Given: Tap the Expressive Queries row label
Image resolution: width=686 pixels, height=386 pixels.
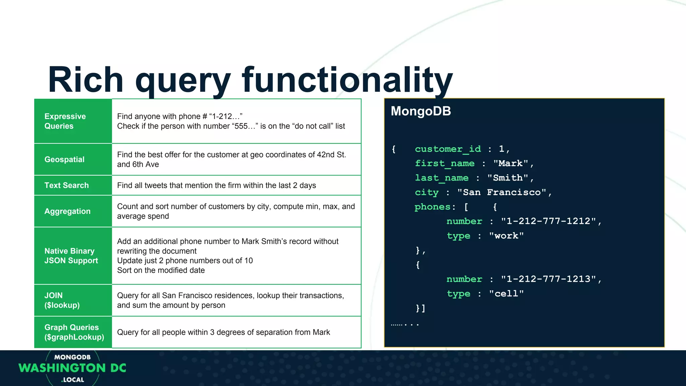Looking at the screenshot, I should point(65,121).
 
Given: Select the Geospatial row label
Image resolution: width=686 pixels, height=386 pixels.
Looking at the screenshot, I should point(64,159).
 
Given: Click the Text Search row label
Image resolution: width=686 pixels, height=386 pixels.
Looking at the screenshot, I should point(66,185).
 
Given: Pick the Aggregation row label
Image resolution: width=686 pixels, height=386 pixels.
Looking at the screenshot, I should point(67,211).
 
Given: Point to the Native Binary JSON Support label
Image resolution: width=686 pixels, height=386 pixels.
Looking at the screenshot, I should point(71,256).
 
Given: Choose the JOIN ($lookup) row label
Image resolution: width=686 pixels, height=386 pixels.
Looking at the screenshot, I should point(62,300).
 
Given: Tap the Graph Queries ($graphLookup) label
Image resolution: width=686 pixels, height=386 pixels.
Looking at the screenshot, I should point(74,332).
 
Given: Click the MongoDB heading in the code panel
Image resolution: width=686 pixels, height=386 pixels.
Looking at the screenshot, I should point(421,111).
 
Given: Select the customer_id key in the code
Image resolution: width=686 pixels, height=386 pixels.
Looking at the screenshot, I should point(448,149).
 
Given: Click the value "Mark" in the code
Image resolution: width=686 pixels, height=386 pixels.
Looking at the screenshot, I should point(510,164).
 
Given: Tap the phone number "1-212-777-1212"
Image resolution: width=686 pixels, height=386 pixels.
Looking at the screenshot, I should point(548,221).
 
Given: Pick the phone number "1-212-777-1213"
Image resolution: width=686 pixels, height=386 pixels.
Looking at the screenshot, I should point(548,279).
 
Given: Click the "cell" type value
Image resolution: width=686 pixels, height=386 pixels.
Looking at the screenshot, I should point(506,294).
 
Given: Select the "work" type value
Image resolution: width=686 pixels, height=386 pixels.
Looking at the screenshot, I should point(506,236).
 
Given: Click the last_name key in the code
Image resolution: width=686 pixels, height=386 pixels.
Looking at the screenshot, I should point(441,178).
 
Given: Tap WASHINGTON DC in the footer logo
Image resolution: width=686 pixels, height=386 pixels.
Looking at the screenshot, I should point(72,368).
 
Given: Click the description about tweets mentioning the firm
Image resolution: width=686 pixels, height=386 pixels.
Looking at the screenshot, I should point(216,185).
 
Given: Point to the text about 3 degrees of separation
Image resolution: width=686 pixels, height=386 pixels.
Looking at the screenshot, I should point(223,332).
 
